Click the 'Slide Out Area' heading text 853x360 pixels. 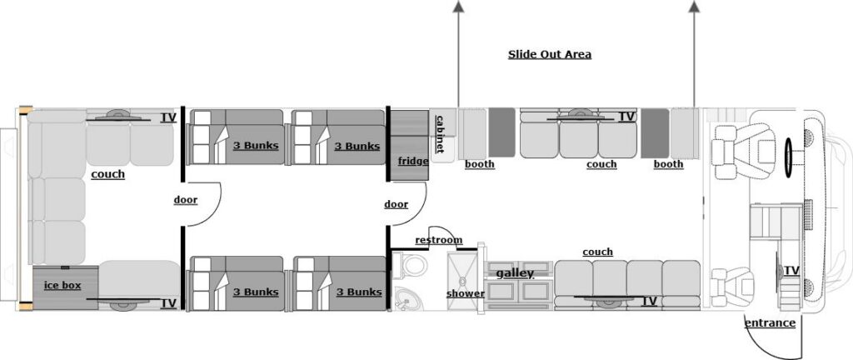pyautogui.click(x=550, y=55)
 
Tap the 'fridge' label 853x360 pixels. pyautogui.click(x=413, y=161)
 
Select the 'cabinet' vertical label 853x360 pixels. pyautogui.click(x=440, y=133)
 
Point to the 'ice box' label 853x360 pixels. pyautogui.click(x=62, y=285)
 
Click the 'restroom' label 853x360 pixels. pyautogui.click(x=438, y=241)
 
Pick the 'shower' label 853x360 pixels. pyautogui.click(x=465, y=293)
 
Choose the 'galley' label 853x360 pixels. pyautogui.click(x=515, y=273)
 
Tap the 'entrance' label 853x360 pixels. pyautogui.click(x=770, y=323)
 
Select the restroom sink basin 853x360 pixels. pyautogui.click(x=407, y=297)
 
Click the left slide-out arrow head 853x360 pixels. pyautogui.click(x=457, y=7)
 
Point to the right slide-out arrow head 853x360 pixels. pyautogui.click(x=695, y=7)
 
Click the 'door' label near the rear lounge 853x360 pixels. pyautogui.click(x=186, y=200)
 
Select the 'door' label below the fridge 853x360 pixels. pyautogui.click(x=397, y=204)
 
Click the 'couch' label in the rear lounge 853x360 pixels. pyautogui.click(x=108, y=174)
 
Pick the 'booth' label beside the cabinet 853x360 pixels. pyautogui.click(x=480, y=164)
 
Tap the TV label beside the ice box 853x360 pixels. pyautogui.click(x=169, y=303)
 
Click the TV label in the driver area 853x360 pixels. pyautogui.click(x=791, y=271)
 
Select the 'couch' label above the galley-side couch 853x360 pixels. pyautogui.click(x=597, y=252)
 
